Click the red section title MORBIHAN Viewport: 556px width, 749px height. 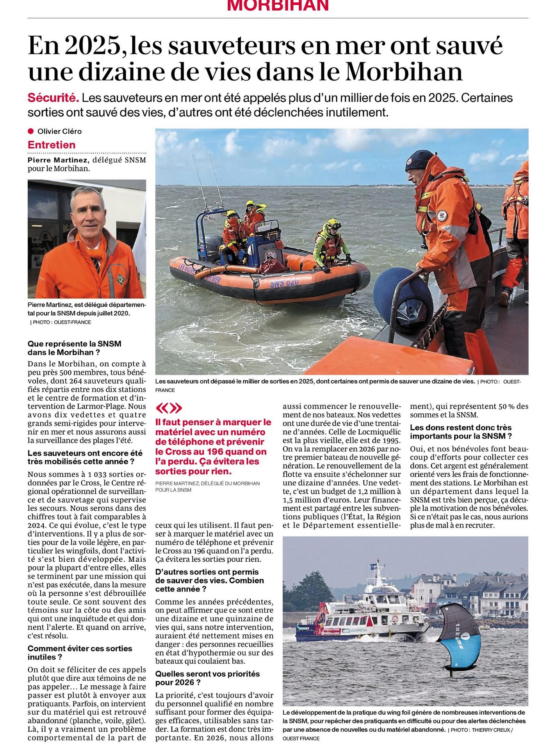point(278,5)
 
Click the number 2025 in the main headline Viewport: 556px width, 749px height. point(93,46)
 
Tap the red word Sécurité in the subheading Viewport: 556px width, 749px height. point(53,98)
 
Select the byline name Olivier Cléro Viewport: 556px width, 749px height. point(59,131)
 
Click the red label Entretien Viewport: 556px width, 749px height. point(52,145)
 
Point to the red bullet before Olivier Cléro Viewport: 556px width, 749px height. point(31,131)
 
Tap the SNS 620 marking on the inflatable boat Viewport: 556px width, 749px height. point(285,283)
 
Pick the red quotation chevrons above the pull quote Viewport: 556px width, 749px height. point(169,408)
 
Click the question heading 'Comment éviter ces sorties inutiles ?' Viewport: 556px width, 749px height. point(80,652)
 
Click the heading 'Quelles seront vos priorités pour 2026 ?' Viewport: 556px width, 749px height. point(207,678)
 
